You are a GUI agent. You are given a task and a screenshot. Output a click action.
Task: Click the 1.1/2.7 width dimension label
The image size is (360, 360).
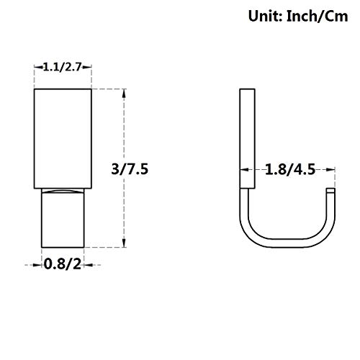tap(63, 67)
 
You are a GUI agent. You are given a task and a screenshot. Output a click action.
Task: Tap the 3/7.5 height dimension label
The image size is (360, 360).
tap(130, 169)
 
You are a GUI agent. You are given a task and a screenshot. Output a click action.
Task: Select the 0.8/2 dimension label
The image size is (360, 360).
tap(63, 265)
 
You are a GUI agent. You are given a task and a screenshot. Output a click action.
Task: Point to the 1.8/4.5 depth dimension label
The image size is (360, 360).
tap(290, 170)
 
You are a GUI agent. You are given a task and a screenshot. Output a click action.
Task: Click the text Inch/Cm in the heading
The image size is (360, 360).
tap(318, 17)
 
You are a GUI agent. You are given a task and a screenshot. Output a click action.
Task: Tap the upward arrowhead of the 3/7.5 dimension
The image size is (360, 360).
tap(124, 93)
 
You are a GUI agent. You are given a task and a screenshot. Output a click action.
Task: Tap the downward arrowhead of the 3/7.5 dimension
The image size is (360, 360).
tap(124, 243)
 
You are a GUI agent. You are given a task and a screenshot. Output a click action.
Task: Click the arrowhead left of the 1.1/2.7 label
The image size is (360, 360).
tap(39, 67)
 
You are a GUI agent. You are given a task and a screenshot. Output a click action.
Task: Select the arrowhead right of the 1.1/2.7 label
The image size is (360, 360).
tap(87, 67)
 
